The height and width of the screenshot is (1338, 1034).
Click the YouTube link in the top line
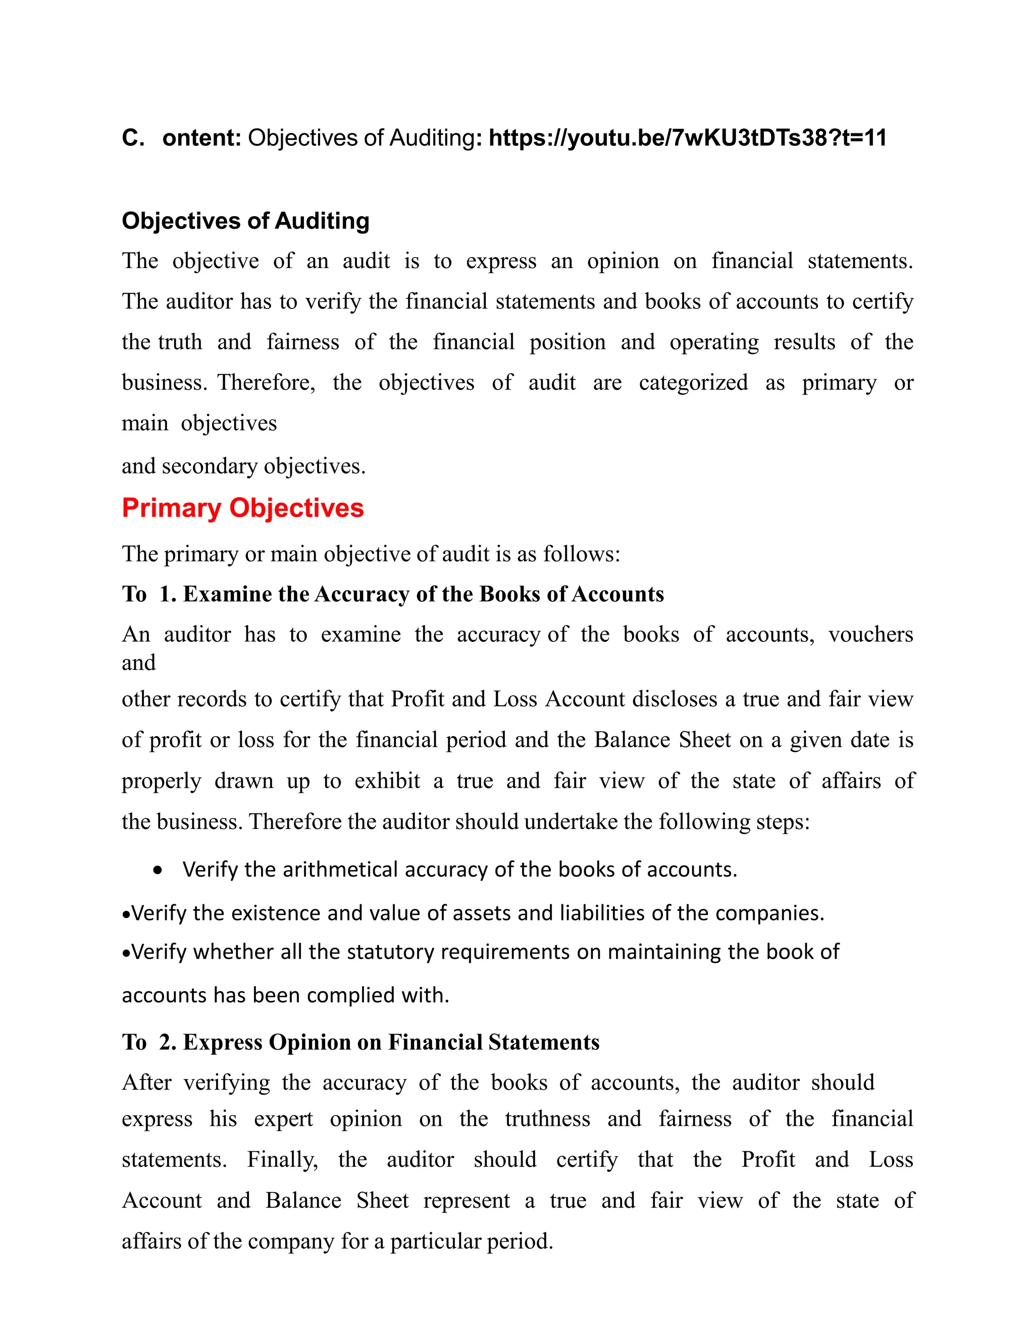[x=687, y=138]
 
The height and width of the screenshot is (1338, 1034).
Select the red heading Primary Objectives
[x=242, y=508]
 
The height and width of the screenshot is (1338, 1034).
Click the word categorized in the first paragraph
[x=693, y=382]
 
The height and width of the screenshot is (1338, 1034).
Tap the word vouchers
[x=870, y=634]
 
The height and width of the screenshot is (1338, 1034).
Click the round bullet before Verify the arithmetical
[x=158, y=870]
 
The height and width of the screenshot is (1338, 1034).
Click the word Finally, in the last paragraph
[x=282, y=1159]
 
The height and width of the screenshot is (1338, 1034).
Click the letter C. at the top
[x=133, y=138]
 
